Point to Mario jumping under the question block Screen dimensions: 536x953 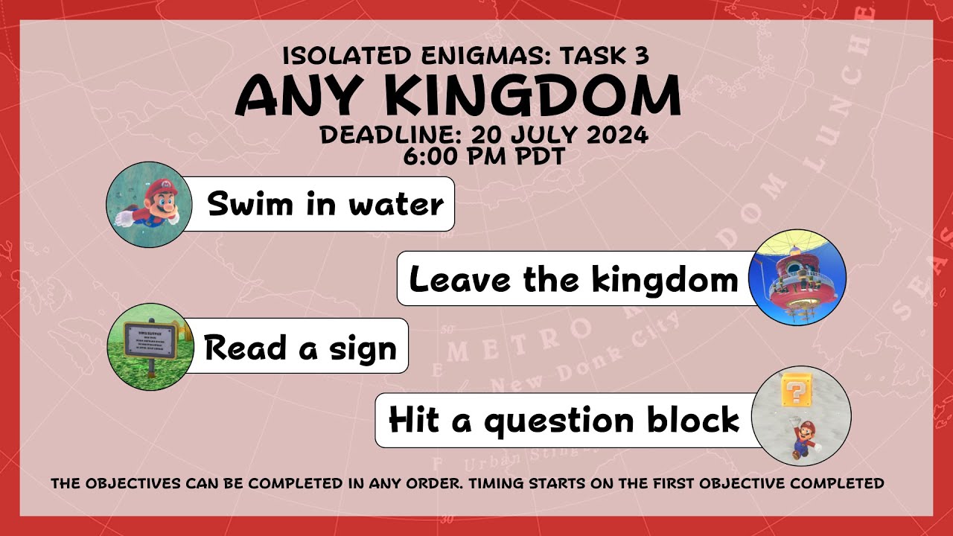804,438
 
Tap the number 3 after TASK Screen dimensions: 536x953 643,56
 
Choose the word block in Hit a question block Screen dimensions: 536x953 692,420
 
